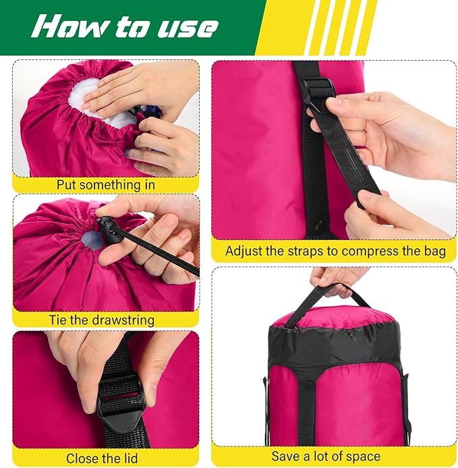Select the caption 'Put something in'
tap(106, 184)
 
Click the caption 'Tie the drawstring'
tap(101, 320)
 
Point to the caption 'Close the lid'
tap(103, 458)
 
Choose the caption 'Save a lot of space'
tap(326, 457)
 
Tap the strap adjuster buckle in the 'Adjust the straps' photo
tap(317, 90)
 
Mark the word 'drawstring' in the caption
tap(123, 320)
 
